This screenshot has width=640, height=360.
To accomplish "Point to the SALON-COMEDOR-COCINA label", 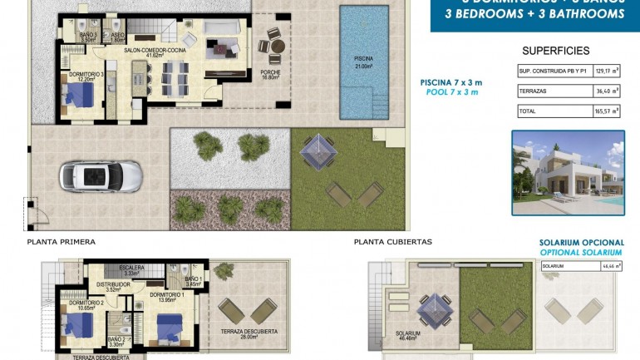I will pyautogui.click(x=154, y=52).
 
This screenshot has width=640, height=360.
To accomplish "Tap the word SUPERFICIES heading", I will pyautogui.click(x=556, y=51).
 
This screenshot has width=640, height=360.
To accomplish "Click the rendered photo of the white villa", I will pyautogui.click(x=567, y=172).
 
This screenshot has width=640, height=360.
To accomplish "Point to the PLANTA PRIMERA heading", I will pyautogui.click(x=61, y=242).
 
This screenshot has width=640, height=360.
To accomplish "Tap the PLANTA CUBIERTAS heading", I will pyautogui.click(x=392, y=242).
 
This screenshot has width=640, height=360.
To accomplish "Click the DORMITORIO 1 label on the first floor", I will pyautogui.click(x=167, y=295).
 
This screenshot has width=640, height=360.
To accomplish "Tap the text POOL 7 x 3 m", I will pyautogui.click(x=451, y=94).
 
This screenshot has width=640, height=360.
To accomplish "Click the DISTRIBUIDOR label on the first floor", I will pyautogui.click(x=113, y=284).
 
